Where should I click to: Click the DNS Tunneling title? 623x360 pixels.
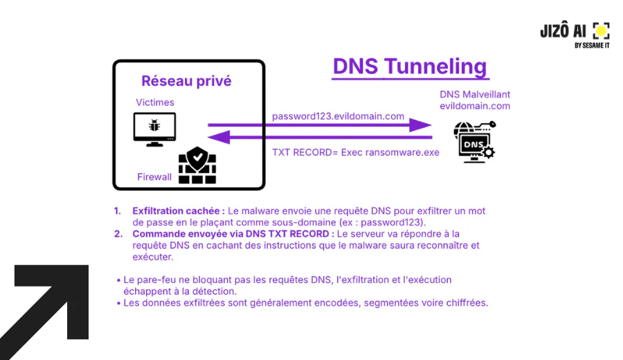(x=410, y=66)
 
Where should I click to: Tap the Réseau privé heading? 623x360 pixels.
(x=186, y=81)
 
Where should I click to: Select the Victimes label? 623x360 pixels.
(x=155, y=102)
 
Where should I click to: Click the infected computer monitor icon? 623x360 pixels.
(x=154, y=129)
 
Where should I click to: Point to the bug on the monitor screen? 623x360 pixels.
(x=154, y=125)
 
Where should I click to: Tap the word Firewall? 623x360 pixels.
(x=154, y=177)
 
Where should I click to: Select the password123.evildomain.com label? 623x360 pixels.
(x=338, y=116)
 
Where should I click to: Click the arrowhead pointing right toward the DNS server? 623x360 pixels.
(x=420, y=125)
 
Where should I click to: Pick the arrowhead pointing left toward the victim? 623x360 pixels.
(x=219, y=138)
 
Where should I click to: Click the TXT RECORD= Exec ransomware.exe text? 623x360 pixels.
(x=356, y=152)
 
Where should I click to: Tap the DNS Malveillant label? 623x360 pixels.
(x=475, y=95)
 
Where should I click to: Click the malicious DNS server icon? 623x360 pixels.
(x=475, y=141)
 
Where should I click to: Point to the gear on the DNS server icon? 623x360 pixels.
(x=488, y=152)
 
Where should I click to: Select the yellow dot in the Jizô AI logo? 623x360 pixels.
(x=601, y=30)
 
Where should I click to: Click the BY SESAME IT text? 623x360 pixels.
(x=592, y=46)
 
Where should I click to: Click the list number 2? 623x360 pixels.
(x=118, y=234)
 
